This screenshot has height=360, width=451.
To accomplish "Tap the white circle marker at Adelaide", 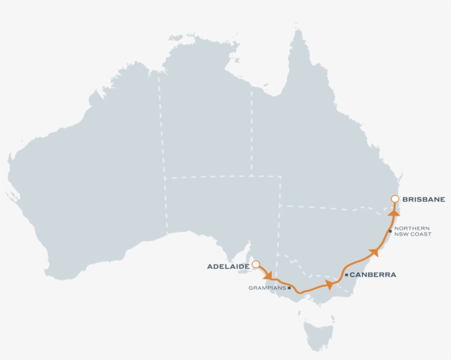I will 256,264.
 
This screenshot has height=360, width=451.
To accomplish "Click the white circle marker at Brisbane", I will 394,199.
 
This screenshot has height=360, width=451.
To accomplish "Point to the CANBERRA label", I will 373,275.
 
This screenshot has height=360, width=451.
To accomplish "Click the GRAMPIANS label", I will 267,287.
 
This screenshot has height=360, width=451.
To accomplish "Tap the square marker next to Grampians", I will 289,287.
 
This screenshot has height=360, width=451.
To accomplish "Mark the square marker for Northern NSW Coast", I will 390,231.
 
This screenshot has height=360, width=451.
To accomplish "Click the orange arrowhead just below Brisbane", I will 394,212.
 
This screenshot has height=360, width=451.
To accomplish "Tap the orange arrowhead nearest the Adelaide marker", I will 268,274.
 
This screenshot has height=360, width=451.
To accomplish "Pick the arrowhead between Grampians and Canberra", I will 329,284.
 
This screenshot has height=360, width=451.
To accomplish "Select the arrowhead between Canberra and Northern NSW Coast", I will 374,252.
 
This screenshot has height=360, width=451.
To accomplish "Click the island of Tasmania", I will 320,333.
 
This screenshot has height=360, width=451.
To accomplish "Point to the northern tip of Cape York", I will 299,31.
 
